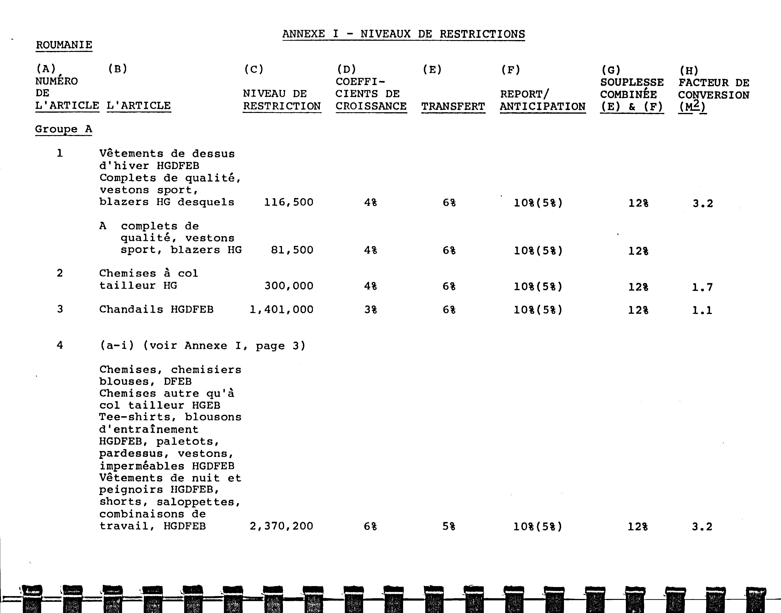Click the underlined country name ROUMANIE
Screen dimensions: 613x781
(x=64, y=45)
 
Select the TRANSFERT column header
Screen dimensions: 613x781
(x=453, y=106)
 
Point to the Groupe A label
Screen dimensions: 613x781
(x=64, y=129)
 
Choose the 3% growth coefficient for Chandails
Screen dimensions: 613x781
(x=371, y=310)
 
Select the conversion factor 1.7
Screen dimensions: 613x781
(x=702, y=287)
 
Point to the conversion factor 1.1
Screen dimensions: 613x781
(x=702, y=310)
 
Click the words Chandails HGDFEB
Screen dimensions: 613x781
(x=156, y=309)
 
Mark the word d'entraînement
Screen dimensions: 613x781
(x=148, y=430)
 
